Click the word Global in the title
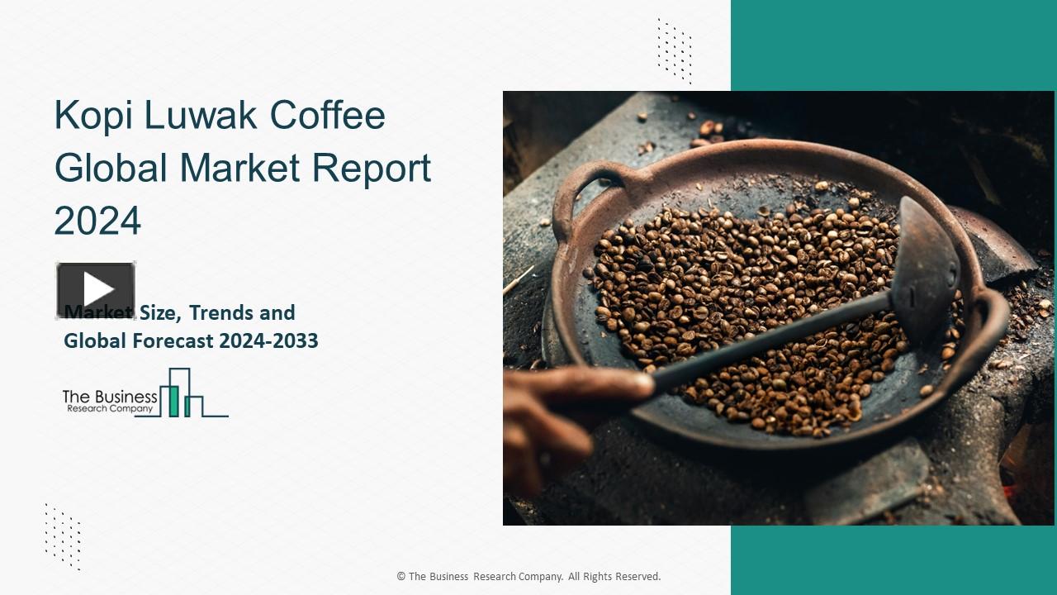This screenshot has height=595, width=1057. tap(111, 168)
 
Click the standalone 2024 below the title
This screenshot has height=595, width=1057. tap(97, 221)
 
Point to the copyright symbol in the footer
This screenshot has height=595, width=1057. tap(401, 577)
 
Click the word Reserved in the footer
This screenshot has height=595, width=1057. tap(634, 577)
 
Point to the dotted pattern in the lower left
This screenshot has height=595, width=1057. tap(63, 535)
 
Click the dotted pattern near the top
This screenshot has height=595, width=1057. tap(674, 50)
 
